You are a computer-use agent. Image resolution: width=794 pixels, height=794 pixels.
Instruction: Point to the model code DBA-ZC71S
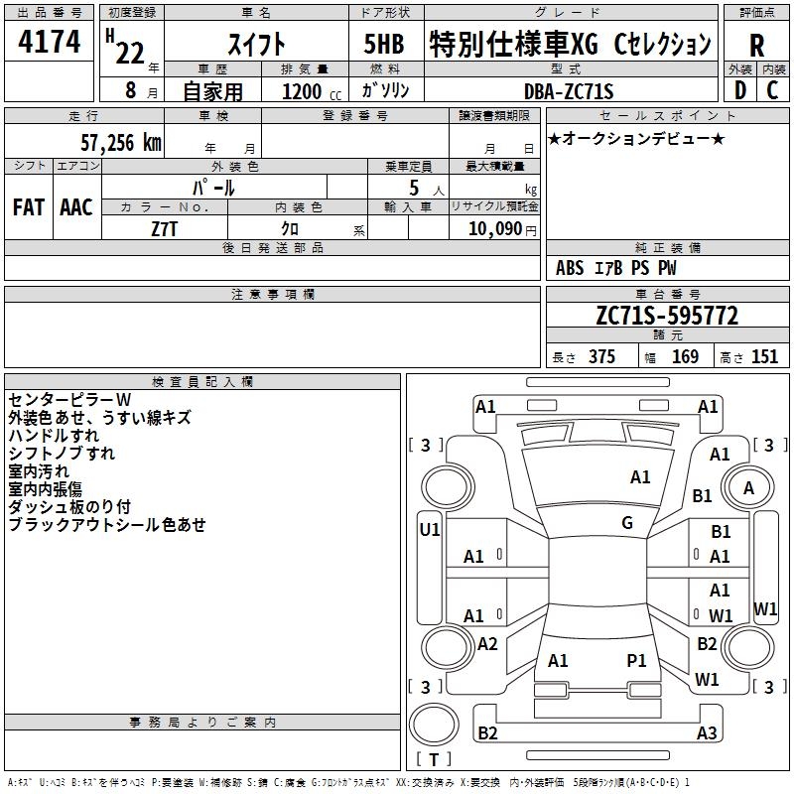coord(570,90)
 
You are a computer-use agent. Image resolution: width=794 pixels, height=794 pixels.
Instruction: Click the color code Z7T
coord(165,227)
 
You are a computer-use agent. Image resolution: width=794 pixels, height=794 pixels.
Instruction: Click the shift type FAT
coord(28,206)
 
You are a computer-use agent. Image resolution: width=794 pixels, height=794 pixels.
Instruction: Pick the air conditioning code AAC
coord(76,206)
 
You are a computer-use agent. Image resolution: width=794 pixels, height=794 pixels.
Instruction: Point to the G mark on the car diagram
coord(627,522)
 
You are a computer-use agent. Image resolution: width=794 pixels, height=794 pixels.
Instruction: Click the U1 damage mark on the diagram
coord(430,529)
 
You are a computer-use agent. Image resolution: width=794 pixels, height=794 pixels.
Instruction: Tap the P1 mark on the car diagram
coord(636,659)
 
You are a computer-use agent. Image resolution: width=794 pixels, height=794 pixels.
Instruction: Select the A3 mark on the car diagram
coord(707,733)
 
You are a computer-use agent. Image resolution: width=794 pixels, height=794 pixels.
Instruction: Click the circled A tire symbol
coord(749,488)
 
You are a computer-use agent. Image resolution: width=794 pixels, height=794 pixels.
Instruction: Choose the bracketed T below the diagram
coord(433,759)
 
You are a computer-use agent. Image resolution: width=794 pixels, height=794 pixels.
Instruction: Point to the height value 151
coord(764,357)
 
